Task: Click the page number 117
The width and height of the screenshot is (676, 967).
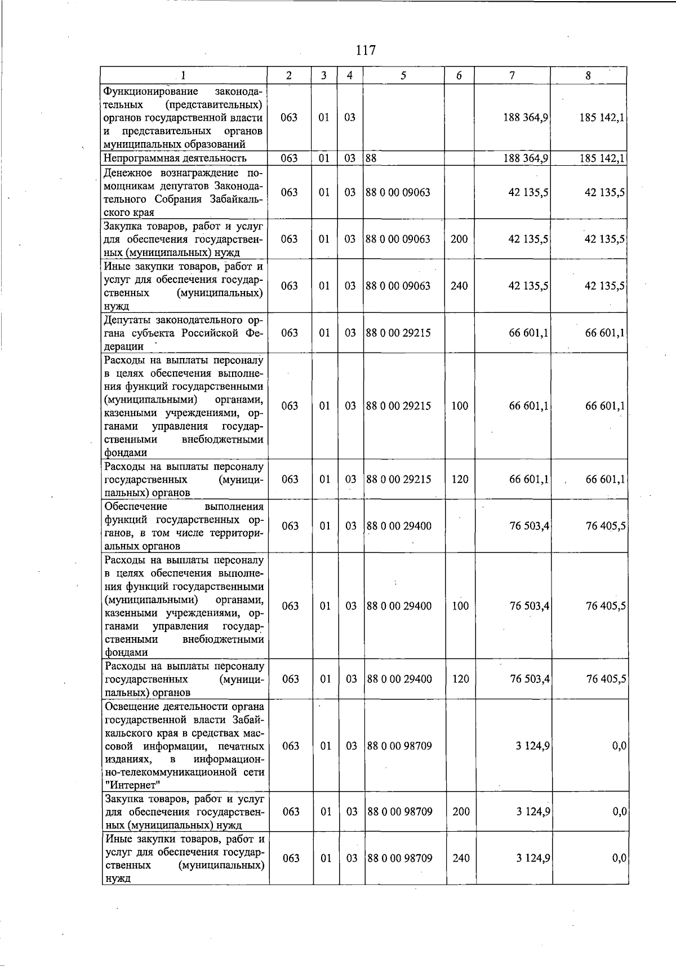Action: [366, 50]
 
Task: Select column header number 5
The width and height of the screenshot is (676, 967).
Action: [403, 76]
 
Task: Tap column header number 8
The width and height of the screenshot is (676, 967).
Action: [588, 76]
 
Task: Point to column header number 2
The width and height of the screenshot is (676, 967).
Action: [289, 76]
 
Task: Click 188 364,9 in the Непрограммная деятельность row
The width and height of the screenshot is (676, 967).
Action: [526, 158]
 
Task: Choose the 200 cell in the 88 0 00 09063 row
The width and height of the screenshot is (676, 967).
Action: [459, 239]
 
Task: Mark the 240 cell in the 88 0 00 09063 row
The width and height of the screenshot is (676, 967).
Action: [459, 286]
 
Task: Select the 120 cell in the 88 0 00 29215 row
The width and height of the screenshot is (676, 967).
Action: [460, 479]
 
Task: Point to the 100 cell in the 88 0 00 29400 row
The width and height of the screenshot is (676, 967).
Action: [460, 606]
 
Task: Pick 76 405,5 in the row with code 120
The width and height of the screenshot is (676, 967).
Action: [606, 679]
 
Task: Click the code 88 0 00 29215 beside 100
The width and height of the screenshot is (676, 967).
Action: [398, 406]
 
